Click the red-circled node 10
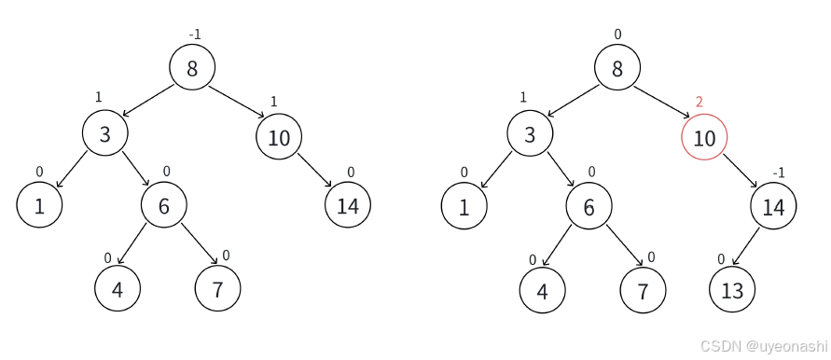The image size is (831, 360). pos(704,137)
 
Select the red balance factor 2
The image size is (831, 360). pos(699,102)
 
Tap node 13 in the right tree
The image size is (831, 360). pos(732,289)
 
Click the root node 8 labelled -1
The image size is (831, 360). pos(192,67)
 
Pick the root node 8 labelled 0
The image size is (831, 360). pos(617,67)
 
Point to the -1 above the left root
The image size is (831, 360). pos(194,35)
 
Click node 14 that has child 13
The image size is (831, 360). pos(774,206)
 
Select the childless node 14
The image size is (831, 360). pos(348,206)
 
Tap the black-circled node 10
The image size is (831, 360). pos(279,137)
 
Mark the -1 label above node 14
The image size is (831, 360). pos(780,173)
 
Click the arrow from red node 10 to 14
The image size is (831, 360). pos(740,172)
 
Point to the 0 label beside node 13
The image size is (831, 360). pos(720,258)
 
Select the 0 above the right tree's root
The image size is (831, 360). pos(617,35)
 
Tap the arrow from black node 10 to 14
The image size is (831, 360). pos(314,172)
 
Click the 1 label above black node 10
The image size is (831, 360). pos(274,101)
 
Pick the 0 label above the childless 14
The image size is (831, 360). pos(351,173)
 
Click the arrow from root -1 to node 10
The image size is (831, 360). pos(236,102)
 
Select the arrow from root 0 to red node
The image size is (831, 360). pos(661,102)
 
